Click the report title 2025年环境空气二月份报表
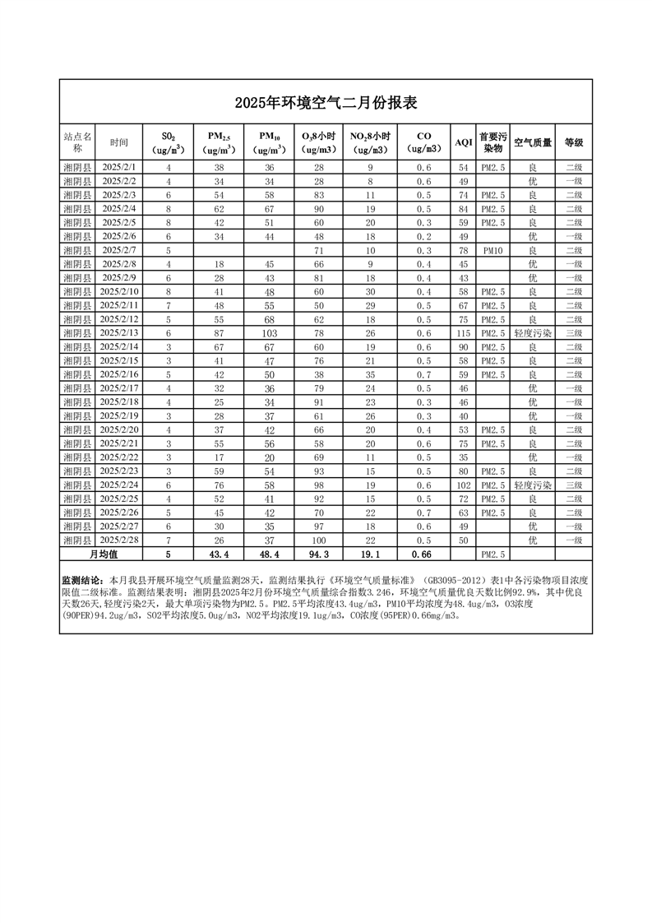click(326, 103)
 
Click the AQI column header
click(464, 142)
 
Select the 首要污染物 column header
click(493, 142)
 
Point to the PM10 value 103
click(269, 332)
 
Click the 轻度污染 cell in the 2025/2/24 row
click(533, 485)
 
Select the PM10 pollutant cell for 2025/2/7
click(493, 250)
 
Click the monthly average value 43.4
click(220, 554)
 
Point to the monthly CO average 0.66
click(423, 554)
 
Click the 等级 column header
click(574, 142)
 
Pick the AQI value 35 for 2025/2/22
click(464, 457)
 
